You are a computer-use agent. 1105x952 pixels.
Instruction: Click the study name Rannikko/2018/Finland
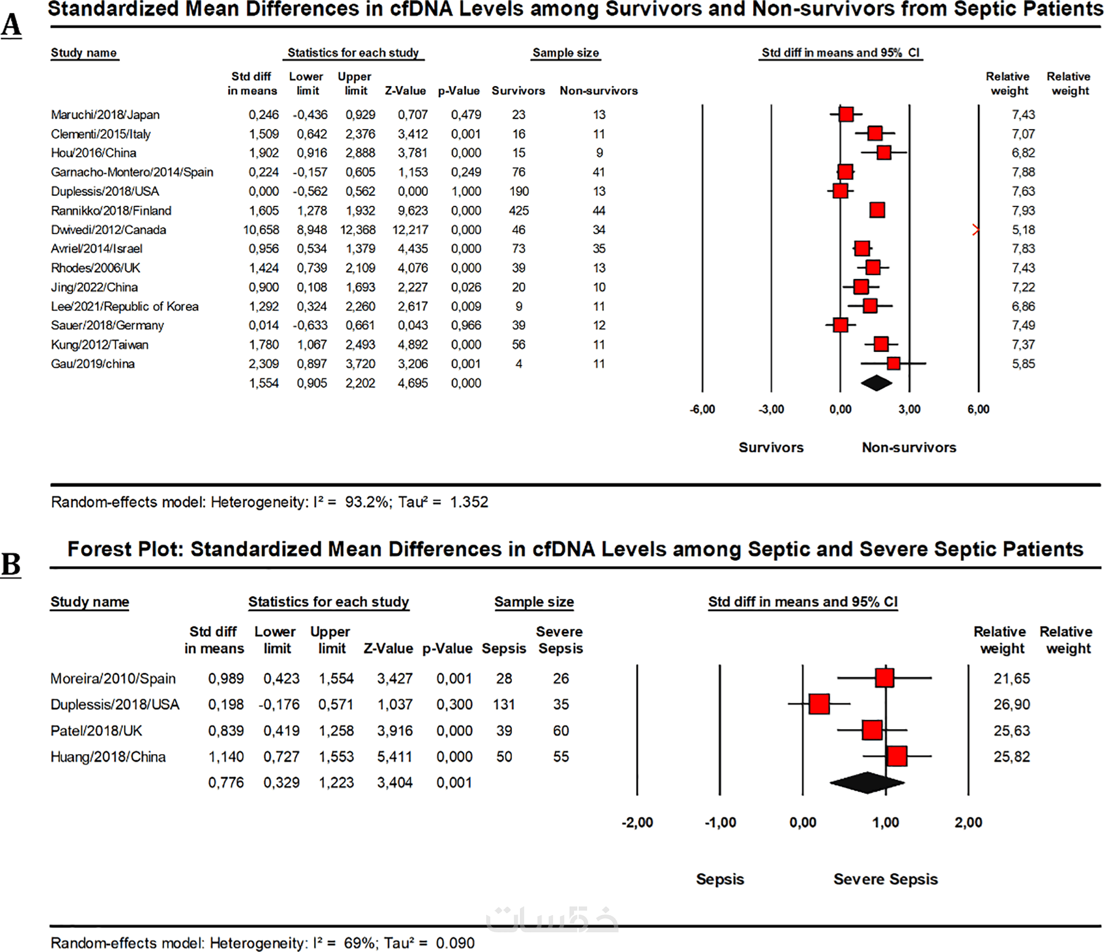pyautogui.click(x=111, y=211)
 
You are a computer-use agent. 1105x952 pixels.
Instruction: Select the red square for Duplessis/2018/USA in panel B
pyautogui.click(x=819, y=704)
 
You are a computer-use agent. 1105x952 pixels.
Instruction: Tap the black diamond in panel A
pyautogui.click(x=876, y=383)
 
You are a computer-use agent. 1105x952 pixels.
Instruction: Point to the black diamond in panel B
pyautogui.click(x=866, y=782)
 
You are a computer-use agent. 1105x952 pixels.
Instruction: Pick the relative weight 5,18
pyautogui.click(x=1023, y=230)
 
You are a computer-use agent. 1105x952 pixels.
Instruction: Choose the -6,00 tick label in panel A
pyautogui.click(x=702, y=409)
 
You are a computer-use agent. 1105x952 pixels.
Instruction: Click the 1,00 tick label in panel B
pyautogui.click(x=885, y=822)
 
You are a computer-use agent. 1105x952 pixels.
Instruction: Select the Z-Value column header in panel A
pyautogui.click(x=405, y=91)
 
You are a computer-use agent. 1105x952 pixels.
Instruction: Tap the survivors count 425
pyautogui.click(x=519, y=211)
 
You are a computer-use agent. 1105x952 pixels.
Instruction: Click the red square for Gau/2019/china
pyautogui.click(x=893, y=364)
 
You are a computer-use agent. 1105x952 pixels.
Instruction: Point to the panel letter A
pyautogui.click(x=11, y=26)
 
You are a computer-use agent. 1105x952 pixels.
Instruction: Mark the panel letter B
pyautogui.click(x=11, y=564)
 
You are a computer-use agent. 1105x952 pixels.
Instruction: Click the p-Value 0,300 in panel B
pyautogui.click(x=454, y=704)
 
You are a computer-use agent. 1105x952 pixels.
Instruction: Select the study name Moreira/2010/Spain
pyautogui.click(x=113, y=679)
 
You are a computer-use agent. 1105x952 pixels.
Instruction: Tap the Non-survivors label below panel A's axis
pyautogui.click(x=909, y=447)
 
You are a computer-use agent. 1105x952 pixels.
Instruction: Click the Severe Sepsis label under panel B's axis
pyautogui.click(x=885, y=879)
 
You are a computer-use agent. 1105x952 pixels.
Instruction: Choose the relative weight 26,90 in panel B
pyautogui.click(x=1012, y=704)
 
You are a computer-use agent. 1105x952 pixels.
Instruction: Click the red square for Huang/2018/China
pyautogui.click(x=896, y=756)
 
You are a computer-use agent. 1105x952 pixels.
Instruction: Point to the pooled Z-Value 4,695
pyautogui.click(x=413, y=383)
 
